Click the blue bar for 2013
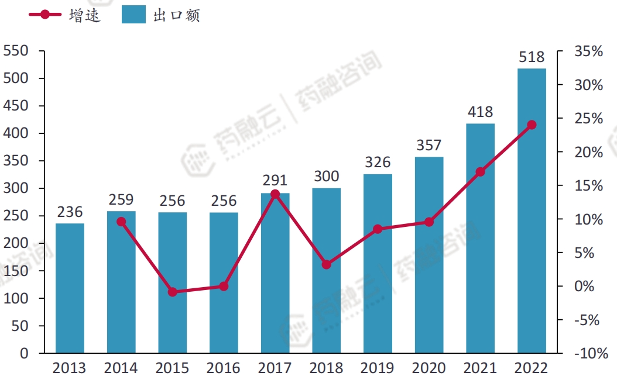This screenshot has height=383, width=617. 70,288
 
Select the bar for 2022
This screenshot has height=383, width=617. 532,211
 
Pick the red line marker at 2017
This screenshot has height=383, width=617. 275,194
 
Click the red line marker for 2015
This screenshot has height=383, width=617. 172,292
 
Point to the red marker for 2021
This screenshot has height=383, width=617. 481,172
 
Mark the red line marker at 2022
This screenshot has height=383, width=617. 532,125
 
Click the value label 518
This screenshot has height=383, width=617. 532,57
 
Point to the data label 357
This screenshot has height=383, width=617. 429,145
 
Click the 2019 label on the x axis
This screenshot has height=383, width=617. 377,368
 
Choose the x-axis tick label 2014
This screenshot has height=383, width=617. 121,368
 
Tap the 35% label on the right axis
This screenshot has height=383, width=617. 588,51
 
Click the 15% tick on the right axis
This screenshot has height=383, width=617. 588,186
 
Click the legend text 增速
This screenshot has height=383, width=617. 85,15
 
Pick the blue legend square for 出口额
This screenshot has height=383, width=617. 133,15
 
